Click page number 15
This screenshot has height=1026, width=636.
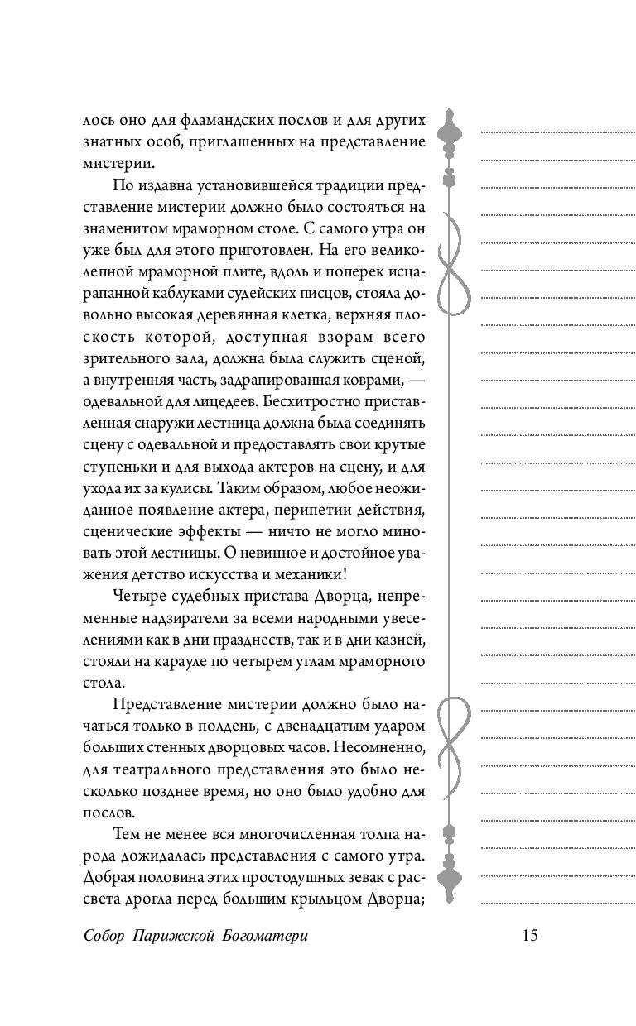click(x=531, y=935)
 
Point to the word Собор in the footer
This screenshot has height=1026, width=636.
click(x=104, y=936)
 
